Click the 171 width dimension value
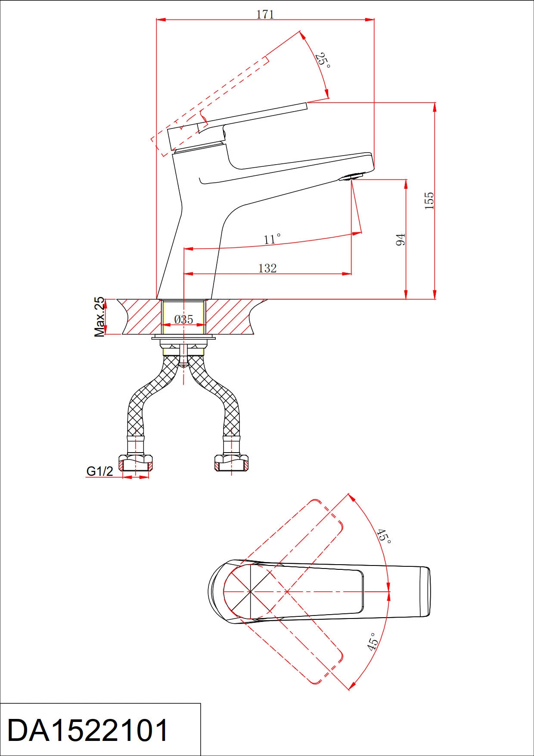coord(265,14)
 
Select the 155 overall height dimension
coord(429,201)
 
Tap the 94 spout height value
coord(400,240)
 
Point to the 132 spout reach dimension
coord(267,268)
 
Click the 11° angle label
coord(272,239)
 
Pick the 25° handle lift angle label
coord(323,60)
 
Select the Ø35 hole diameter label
coord(184,319)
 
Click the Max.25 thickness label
coord(99,316)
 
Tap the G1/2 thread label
coord(99,471)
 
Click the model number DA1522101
coord(88,730)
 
